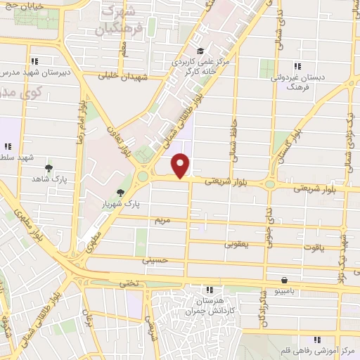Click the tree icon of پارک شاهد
[x=49, y=167]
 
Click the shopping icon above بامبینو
[x=284, y=279]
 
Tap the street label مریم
[x=163, y=220]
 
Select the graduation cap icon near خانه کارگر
[x=200, y=50]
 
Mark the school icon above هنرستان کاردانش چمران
[x=209, y=290]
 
